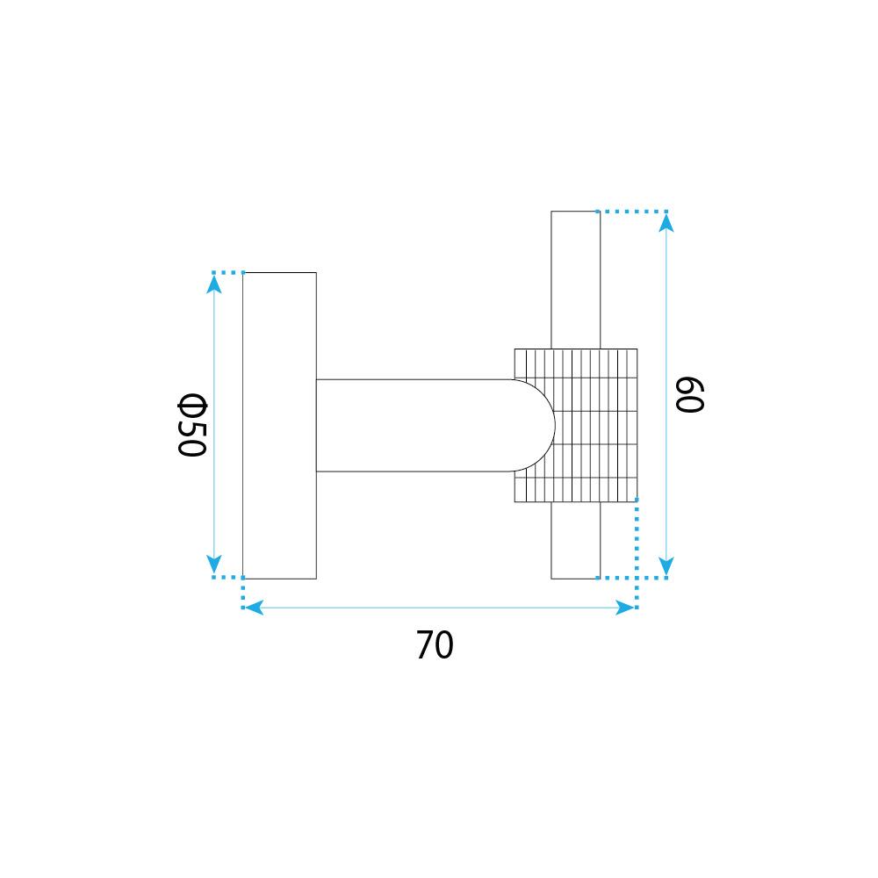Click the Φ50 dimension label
point(192,425)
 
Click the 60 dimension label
point(689,395)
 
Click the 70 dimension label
point(435,645)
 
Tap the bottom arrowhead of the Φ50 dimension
point(213,565)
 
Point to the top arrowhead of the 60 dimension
point(666,223)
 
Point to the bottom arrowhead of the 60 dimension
point(666,566)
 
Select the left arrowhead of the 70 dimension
point(255,608)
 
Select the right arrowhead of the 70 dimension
point(625,608)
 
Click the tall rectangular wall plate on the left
point(279,426)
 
